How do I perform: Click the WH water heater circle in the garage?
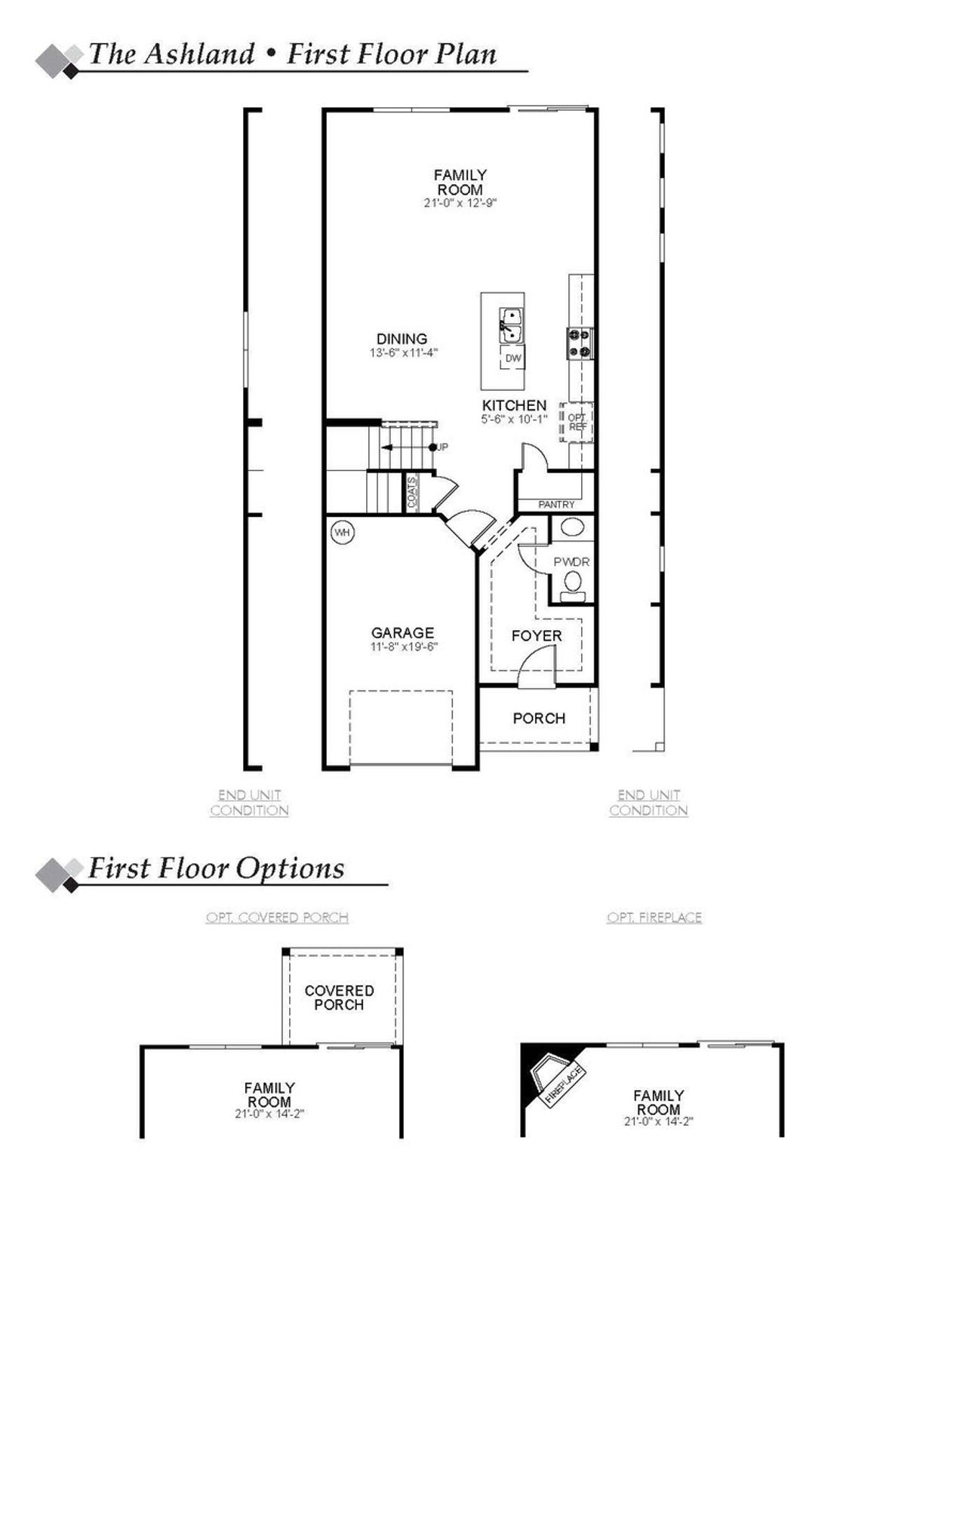click(x=343, y=533)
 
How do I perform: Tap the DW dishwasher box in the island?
click(x=513, y=358)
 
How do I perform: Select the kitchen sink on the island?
click(x=512, y=324)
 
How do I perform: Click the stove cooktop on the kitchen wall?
click(x=579, y=343)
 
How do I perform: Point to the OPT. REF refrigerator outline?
click(x=577, y=422)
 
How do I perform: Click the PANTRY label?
click(x=556, y=504)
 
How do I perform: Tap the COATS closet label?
click(x=412, y=493)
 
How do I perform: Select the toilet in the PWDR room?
click(x=574, y=583)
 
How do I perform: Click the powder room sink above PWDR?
click(x=573, y=527)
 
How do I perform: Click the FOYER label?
click(x=537, y=636)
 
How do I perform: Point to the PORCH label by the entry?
click(x=539, y=718)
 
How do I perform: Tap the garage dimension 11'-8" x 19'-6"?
click(x=404, y=647)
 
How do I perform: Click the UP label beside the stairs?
click(x=442, y=447)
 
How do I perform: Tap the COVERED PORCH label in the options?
click(x=339, y=997)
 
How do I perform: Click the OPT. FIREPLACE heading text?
click(x=654, y=918)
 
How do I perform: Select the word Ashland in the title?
click(x=199, y=54)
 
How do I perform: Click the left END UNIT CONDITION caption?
click(x=250, y=803)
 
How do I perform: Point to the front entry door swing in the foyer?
click(x=537, y=668)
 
